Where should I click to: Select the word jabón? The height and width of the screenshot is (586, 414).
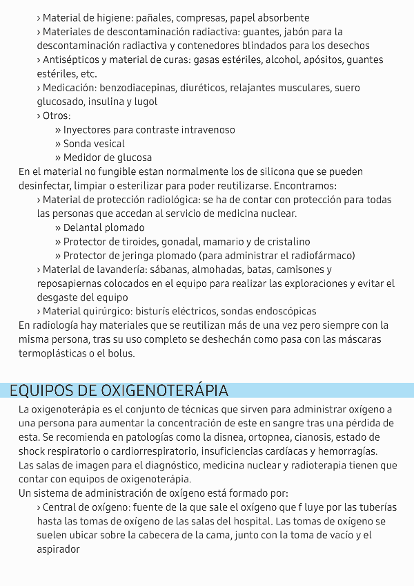click(x=276, y=32)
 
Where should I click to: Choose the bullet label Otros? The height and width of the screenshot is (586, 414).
click(x=57, y=116)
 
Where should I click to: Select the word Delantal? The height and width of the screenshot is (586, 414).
click(x=84, y=227)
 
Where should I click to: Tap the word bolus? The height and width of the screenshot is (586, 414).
click(x=121, y=354)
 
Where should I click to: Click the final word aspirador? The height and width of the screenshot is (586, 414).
click(x=59, y=550)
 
